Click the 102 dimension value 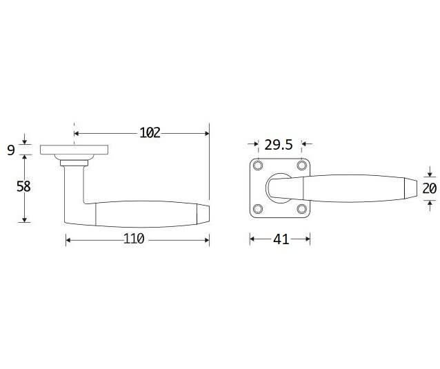tap(150, 132)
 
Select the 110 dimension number tap(134, 239)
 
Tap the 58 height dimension tap(23, 187)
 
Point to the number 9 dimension tap(10, 150)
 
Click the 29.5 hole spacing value tap(279, 145)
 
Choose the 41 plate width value tap(281, 239)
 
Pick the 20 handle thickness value tap(430, 188)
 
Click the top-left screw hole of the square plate tap(258, 166)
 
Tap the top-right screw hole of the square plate tap(302, 166)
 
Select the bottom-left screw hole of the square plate tap(258, 209)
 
